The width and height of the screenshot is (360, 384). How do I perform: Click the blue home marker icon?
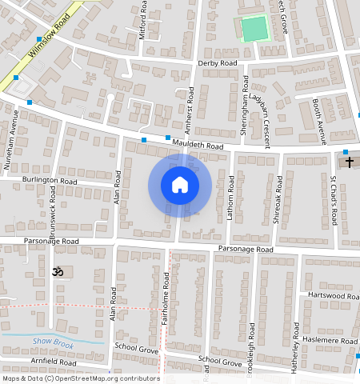[180, 185]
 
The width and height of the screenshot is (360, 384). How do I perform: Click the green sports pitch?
[254, 30]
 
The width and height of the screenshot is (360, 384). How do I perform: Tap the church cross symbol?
[349, 162]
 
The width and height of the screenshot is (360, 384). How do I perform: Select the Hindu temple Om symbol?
[57, 272]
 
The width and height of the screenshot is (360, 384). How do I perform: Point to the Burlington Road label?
[50, 182]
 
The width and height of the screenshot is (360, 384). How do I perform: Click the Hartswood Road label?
[332, 296]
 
